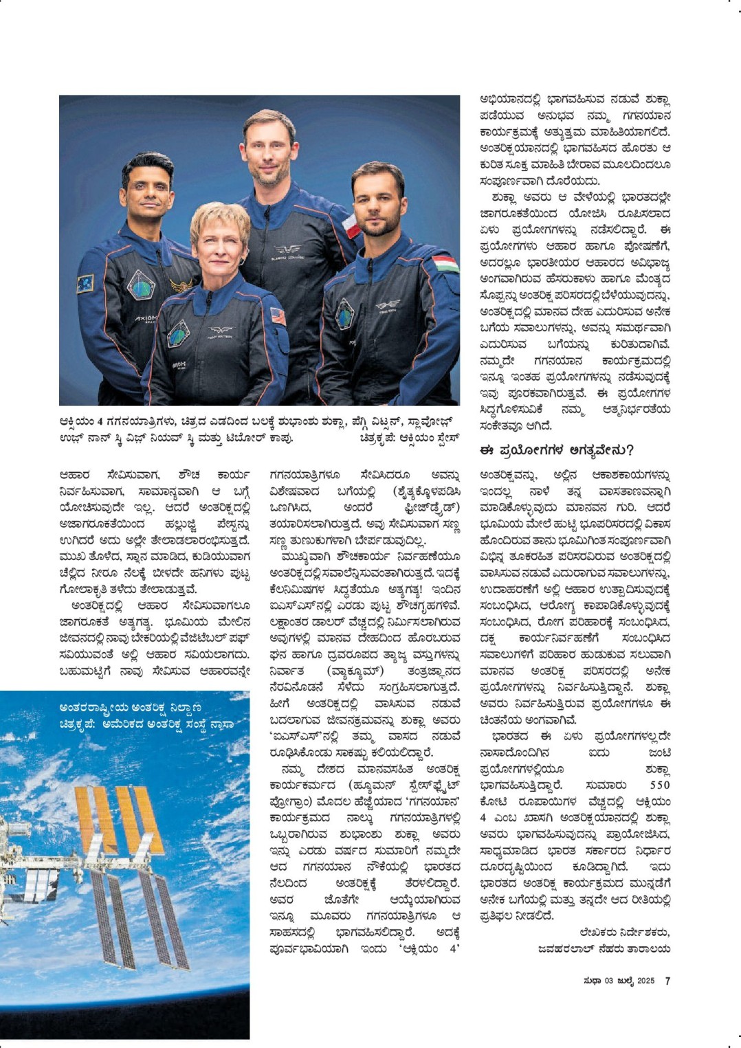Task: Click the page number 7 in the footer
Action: point(667,981)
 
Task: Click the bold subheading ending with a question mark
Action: point(556,451)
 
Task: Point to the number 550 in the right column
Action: point(659,785)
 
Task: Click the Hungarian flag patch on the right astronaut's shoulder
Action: point(445,264)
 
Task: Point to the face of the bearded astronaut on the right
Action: point(377,203)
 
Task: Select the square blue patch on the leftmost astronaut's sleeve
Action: point(85,283)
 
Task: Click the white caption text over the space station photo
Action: point(146,715)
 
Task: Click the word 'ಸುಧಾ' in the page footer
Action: point(593,981)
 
